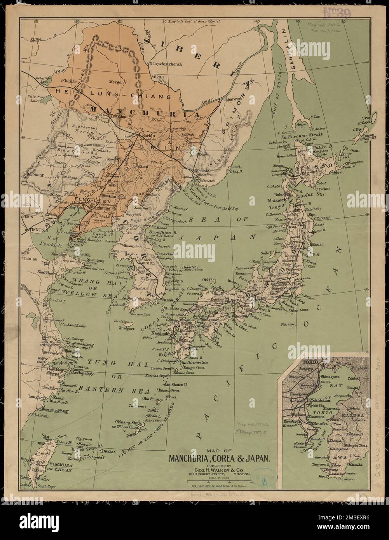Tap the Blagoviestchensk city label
point(166,62)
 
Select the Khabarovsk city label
point(233,99)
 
